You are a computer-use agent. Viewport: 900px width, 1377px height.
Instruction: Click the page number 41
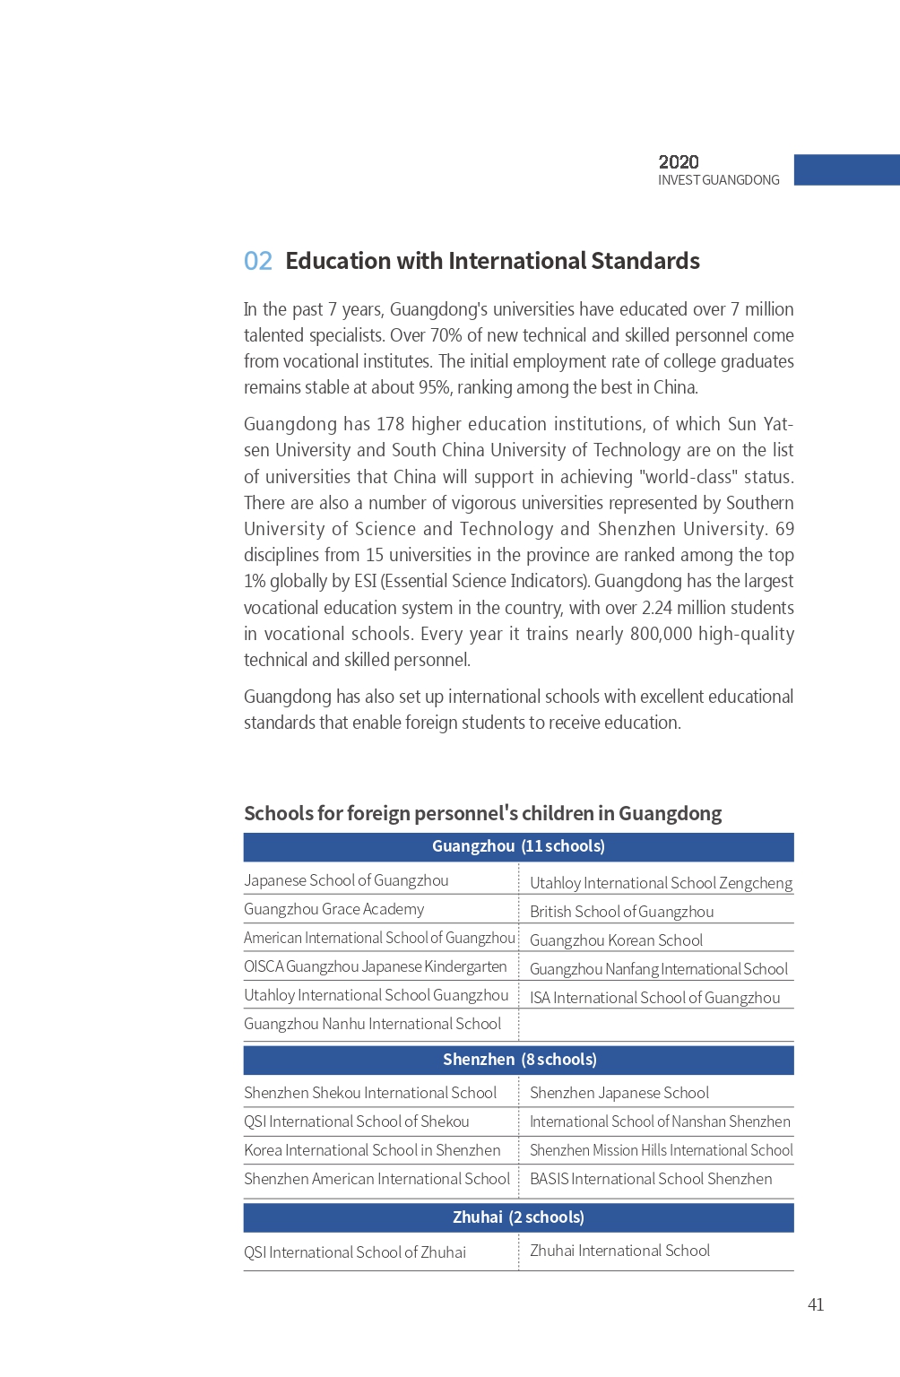815,1304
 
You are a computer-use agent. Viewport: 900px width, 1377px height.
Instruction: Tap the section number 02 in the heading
258,261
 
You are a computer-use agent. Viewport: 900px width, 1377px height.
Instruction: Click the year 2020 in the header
679,162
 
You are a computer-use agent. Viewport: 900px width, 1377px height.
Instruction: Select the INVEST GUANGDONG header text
718,180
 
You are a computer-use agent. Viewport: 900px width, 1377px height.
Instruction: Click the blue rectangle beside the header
846,170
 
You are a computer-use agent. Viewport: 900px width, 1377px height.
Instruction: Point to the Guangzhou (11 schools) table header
518,846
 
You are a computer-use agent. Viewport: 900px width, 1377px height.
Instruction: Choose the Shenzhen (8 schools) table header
519,1060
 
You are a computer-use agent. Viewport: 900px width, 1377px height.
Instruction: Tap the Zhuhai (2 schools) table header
518,1217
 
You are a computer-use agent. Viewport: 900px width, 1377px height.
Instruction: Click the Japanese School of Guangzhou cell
346,880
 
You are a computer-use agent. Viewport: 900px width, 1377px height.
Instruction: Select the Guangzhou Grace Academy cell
333,909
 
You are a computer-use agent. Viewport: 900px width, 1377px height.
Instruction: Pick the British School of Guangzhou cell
621,912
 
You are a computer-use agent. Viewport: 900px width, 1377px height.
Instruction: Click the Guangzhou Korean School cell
616,940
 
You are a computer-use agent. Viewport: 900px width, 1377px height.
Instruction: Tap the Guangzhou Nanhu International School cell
372,1024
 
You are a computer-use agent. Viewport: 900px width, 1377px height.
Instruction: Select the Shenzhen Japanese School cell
619,1093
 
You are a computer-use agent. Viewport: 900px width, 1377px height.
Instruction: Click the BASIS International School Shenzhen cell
650,1179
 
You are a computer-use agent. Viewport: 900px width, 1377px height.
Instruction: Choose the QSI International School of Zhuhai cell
355,1252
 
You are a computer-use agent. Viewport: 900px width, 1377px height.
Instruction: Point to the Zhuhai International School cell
619,1251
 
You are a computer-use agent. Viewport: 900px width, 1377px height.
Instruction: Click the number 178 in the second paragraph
390,424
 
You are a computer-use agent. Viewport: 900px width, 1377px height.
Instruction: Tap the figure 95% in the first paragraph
434,387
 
